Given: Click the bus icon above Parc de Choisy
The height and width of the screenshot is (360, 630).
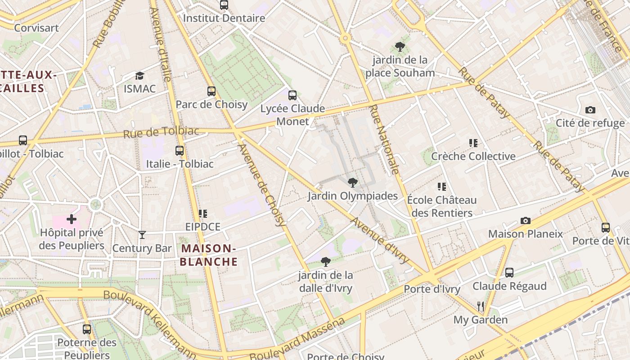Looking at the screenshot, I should click(x=211, y=91).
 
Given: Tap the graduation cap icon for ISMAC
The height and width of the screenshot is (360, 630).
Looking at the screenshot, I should click(x=139, y=76).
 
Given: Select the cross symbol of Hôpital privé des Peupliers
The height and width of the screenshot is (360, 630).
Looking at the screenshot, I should click(x=72, y=220).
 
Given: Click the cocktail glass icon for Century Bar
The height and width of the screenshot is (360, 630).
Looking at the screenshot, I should click(x=142, y=234).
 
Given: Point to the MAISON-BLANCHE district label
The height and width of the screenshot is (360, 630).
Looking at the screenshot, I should click(x=209, y=255).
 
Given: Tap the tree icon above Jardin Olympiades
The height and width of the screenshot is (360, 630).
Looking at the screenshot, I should click(x=353, y=183).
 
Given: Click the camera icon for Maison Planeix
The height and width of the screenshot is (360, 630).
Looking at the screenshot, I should click(x=525, y=220).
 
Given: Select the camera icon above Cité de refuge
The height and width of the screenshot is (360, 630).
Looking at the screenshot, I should click(x=590, y=110).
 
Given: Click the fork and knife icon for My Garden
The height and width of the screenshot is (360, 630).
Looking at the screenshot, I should click(x=481, y=306).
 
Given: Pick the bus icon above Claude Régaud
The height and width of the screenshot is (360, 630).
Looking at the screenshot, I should click(x=509, y=273).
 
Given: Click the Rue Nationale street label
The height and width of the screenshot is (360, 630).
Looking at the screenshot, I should click(x=384, y=139).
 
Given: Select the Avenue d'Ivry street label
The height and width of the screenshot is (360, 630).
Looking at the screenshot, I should click(x=380, y=240).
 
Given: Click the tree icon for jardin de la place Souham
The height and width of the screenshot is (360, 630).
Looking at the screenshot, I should click(x=400, y=46).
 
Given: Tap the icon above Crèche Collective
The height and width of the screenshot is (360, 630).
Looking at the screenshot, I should click(x=473, y=143).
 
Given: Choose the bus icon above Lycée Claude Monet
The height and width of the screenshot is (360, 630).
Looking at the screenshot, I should click(x=292, y=95).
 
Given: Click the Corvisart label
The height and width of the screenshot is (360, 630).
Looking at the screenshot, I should click(x=36, y=28).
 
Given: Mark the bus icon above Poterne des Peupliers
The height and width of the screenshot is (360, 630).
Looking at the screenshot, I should click(x=87, y=329).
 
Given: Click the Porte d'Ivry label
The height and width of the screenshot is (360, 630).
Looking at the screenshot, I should click(x=432, y=289).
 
